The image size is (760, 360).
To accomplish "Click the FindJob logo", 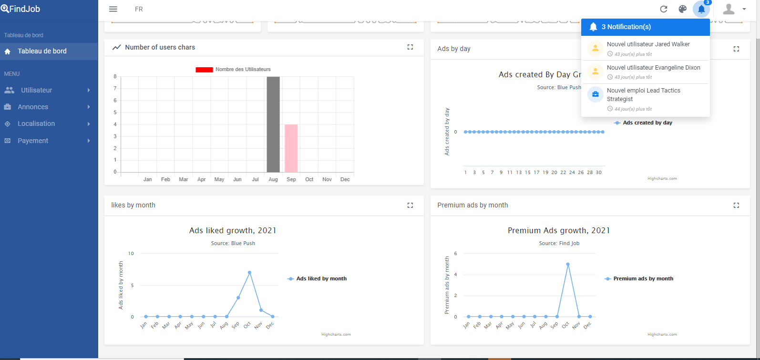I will point(21,9).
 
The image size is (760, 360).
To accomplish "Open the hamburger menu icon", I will point(113,9).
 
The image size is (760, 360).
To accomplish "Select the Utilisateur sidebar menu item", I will point(37,90).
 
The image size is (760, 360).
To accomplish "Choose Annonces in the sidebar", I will point(33,107).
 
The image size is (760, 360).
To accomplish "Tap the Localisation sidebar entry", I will point(36,123).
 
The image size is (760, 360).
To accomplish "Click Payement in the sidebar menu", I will point(33,141).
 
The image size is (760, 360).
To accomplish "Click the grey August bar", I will point(273,124).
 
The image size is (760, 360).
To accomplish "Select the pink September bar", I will point(291,148).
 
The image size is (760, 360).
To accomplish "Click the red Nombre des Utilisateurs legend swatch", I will point(204,70).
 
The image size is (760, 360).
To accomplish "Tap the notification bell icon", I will point(701,9).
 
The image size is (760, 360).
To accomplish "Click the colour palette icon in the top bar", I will point(683,9).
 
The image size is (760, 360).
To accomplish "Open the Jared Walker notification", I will point(648,48).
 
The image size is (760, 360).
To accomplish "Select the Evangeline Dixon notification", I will point(653,72).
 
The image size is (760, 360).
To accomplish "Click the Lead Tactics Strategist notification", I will point(643,99).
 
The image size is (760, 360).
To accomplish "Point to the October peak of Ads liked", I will point(249,273).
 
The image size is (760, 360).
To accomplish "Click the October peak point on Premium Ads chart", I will point(568,264).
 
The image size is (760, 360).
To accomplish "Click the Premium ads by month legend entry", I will point(643,278).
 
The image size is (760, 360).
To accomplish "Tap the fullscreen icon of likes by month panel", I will point(410,205).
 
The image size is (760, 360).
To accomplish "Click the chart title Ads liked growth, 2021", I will point(233,230).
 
